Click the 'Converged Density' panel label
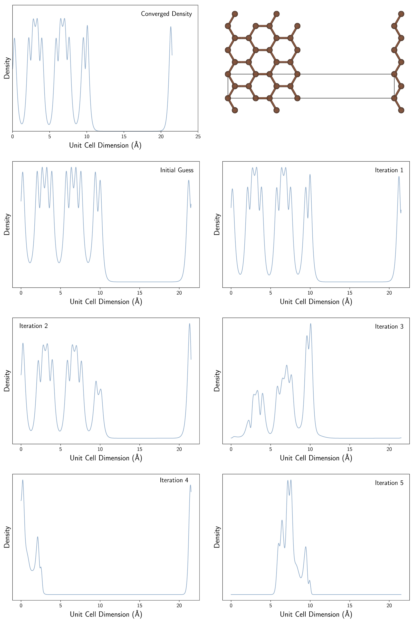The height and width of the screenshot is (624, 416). (x=166, y=14)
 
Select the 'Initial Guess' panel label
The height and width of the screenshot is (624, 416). (x=177, y=170)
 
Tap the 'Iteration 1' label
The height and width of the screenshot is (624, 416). (x=389, y=170)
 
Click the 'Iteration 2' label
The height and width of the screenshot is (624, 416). (x=33, y=326)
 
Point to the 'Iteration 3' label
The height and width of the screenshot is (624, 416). (x=389, y=326)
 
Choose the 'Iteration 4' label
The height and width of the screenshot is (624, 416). (x=174, y=480)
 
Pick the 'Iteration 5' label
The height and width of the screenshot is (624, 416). (x=389, y=483)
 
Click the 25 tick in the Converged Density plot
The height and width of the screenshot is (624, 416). (x=198, y=137)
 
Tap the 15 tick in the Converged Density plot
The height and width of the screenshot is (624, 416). (x=124, y=137)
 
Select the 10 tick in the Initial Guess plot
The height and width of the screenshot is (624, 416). (x=100, y=293)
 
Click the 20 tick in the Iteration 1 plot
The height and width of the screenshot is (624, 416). (x=389, y=293)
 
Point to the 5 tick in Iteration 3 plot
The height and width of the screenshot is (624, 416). (x=271, y=449)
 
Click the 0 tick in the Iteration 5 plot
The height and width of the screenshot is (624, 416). (x=231, y=606)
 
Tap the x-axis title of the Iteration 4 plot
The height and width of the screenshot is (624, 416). (x=106, y=615)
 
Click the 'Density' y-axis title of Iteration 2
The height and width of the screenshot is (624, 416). (x=7, y=381)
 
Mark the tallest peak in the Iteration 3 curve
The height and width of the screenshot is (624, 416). (x=310, y=324)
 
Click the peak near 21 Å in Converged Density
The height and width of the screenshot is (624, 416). (x=171, y=27)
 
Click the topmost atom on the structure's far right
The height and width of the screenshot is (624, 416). (x=401, y=14)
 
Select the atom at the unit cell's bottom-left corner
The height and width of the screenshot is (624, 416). (x=228, y=98)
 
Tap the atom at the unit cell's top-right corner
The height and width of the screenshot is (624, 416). (x=394, y=74)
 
